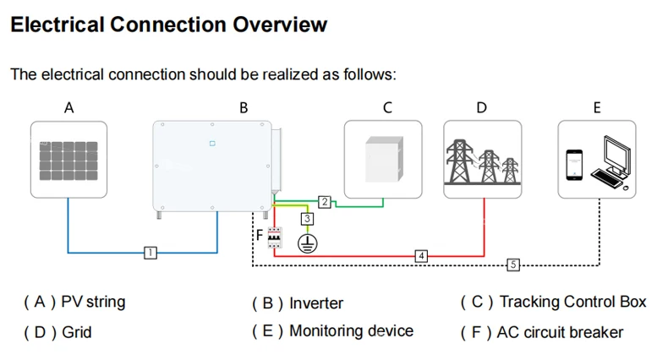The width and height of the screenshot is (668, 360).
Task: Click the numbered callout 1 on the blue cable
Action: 150,252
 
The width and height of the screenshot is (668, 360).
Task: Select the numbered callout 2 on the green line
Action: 324,201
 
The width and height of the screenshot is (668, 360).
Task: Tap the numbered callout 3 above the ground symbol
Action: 308,220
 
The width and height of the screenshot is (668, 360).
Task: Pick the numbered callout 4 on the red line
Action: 421,254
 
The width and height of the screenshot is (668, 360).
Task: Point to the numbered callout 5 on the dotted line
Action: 512,265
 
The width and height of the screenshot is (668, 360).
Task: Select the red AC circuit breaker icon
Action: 274,239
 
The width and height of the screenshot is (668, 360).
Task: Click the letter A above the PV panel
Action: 69,107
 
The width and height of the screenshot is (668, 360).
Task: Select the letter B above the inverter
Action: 244,107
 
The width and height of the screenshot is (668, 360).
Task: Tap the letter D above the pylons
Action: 482,107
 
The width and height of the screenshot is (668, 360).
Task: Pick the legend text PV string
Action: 94,301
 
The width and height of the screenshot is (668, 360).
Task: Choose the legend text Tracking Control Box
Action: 572,302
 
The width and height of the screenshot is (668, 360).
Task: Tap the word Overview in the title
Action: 271,24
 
